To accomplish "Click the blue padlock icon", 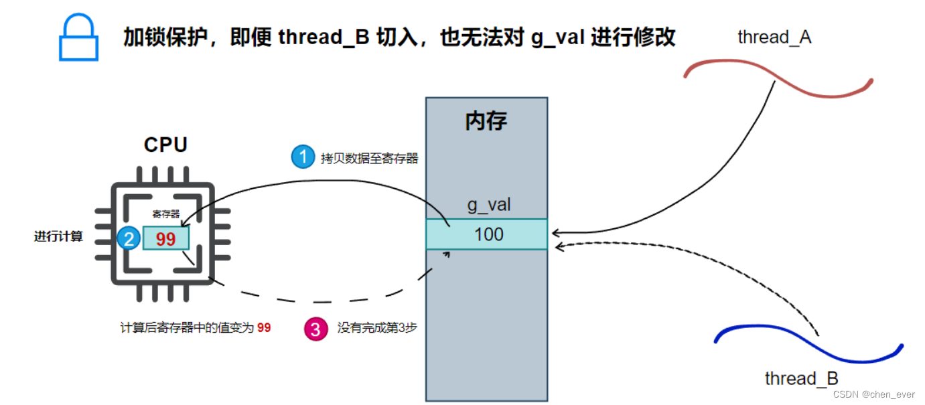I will coord(78,39).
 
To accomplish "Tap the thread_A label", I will coord(774,37).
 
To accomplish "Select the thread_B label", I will coord(801,378).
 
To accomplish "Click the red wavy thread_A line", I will coord(777,78).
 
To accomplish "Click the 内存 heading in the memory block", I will coord(486,121).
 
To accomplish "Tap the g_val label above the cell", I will coord(489,204).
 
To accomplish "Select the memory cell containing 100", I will coord(487,234).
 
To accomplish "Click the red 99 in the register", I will coord(165,239).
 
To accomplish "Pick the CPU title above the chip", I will coord(165,145).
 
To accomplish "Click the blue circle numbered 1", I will coord(303,157).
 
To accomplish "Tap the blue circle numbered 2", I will coord(128,238).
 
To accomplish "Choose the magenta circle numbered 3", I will coord(316,329).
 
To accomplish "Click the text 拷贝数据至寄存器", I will coord(369,158).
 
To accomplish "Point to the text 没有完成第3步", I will coord(377,328).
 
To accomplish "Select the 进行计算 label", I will coord(59,236).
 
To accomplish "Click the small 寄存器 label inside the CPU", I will coord(165,214).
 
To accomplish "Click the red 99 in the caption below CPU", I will coord(264,328).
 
